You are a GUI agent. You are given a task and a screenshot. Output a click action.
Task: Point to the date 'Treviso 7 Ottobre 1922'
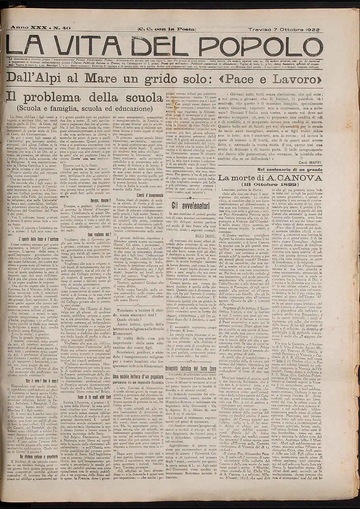[283, 30]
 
